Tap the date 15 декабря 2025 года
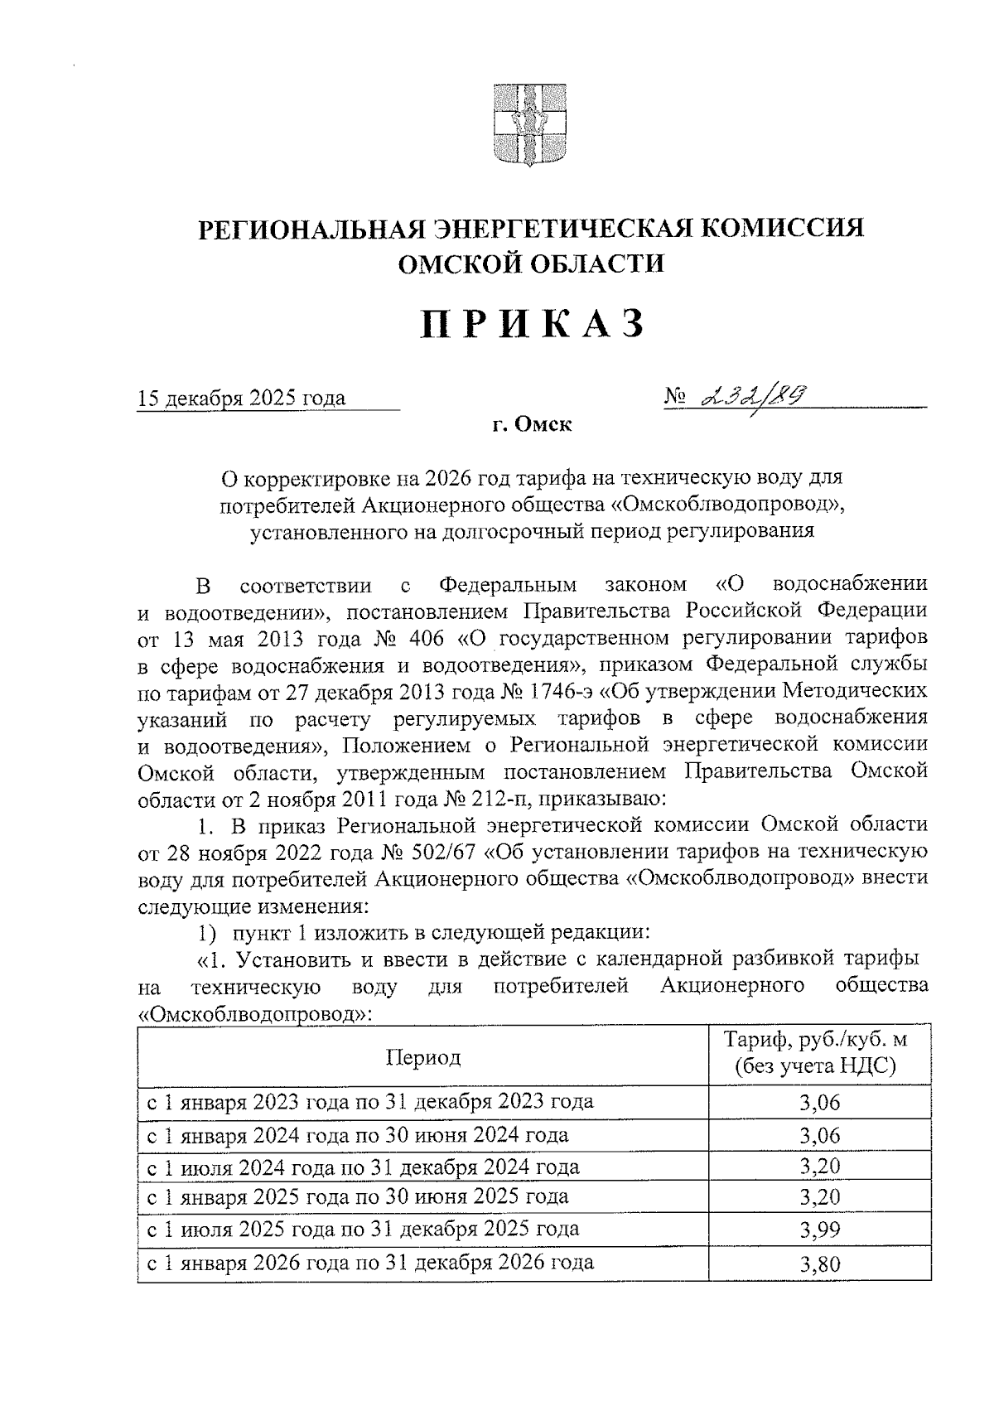241,399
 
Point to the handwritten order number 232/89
752,399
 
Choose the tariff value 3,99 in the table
819,1230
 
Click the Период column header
422,1057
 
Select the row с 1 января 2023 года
369,1102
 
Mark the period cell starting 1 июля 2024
363,1167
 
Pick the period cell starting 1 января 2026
369,1263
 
